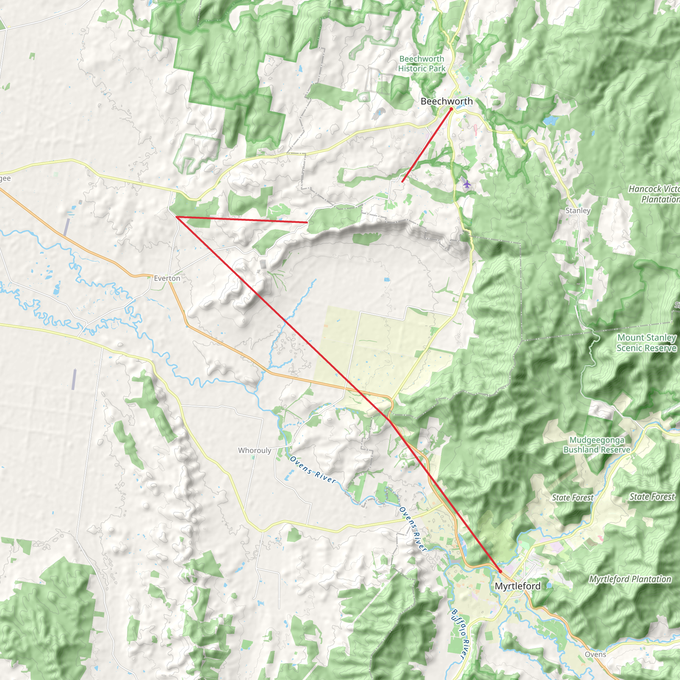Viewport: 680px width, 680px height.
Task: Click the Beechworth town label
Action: click(447, 101)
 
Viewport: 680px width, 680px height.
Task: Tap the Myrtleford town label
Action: click(517, 586)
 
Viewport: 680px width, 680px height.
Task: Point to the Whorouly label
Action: click(254, 451)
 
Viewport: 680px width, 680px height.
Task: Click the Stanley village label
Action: click(578, 211)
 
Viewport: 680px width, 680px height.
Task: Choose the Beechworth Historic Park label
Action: click(422, 64)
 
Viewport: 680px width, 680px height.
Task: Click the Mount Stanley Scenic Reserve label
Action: click(646, 343)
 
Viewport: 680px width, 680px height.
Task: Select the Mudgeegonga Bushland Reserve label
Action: click(597, 445)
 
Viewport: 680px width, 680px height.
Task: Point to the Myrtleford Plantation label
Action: click(630, 579)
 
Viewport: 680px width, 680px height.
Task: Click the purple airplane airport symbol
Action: click(467, 184)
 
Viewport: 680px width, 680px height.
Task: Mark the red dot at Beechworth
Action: click(451, 109)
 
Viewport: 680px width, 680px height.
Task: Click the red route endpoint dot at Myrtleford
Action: click(500, 571)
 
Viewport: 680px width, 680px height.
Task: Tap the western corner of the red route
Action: click(176, 217)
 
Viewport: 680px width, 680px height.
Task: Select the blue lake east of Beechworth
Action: click(550, 121)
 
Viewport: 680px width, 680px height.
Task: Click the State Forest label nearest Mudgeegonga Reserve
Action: click(573, 498)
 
